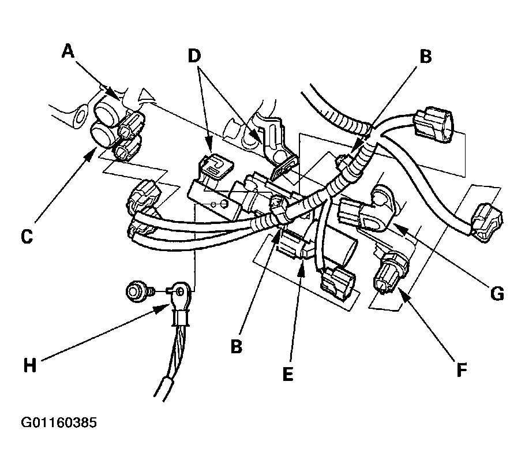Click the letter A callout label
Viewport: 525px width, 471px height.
click(68, 51)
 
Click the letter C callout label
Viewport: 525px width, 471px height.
click(27, 237)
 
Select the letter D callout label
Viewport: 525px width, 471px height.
click(194, 55)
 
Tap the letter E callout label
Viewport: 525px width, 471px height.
click(288, 374)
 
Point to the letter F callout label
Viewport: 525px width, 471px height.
click(462, 370)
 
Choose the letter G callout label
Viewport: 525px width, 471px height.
click(497, 294)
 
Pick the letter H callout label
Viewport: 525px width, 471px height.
click(30, 365)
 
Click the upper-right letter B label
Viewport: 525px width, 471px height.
click(426, 57)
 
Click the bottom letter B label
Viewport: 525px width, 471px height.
click(237, 346)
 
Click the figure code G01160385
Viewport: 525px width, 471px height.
click(59, 423)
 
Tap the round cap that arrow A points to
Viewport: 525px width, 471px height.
click(108, 111)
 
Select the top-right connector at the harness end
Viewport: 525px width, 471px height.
click(433, 122)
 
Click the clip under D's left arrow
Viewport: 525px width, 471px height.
click(216, 165)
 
